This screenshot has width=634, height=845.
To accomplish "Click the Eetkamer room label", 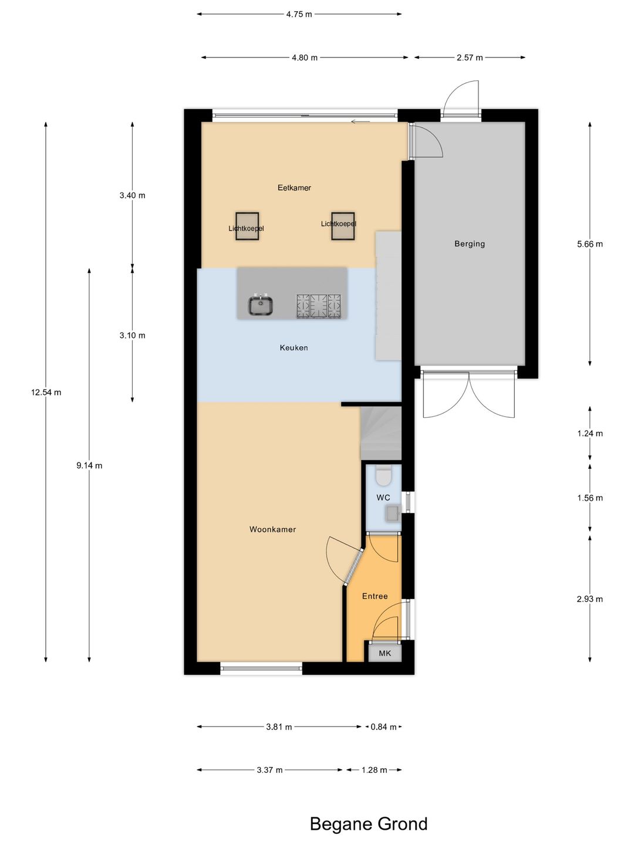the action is tap(294, 187).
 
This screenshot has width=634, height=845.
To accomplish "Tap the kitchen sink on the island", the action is tap(261, 305).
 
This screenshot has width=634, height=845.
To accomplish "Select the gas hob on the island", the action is tap(318, 306).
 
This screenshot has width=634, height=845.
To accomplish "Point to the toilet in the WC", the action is tap(383, 476).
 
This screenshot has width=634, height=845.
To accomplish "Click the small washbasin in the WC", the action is tap(392, 513).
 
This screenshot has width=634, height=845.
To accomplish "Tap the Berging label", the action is tap(470, 244).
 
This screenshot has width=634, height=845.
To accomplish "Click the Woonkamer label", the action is tap(272, 529).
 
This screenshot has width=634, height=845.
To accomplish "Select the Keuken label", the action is tap(294, 347).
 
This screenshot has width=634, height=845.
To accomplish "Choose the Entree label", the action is tap(375, 596).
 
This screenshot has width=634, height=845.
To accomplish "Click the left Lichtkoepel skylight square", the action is tap(247, 226).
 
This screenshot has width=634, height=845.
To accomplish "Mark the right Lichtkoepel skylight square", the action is tap(343, 226).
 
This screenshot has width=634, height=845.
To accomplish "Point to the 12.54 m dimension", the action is tap(46, 393).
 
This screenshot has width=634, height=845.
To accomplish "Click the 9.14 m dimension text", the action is tap(89, 465).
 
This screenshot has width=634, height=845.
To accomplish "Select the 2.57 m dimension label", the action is tap(470, 58).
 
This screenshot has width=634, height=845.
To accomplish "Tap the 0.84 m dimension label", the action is tap(383, 727).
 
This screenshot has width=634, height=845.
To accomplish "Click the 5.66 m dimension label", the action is tap(590, 244).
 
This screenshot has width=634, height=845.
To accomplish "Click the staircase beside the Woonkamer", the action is tap(381, 433).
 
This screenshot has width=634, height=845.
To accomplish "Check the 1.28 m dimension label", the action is tap(374, 770).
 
